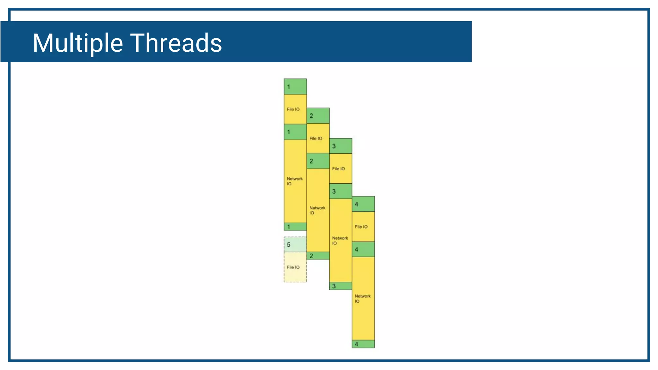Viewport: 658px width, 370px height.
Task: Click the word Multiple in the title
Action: point(78,43)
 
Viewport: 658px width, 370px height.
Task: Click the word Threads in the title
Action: point(176,43)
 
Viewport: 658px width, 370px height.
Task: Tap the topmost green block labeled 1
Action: point(295,86)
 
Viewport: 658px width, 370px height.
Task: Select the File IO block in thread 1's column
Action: point(295,109)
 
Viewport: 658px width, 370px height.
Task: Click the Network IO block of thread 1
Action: point(295,181)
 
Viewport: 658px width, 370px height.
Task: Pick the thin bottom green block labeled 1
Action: point(295,227)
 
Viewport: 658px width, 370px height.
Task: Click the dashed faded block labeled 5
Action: point(295,245)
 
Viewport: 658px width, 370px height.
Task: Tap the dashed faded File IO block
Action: point(295,267)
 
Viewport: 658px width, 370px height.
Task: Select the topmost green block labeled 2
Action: point(318,116)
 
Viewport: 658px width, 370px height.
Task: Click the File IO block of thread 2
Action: point(318,138)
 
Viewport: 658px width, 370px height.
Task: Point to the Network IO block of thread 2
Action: point(318,210)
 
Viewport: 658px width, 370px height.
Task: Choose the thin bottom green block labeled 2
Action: point(318,256)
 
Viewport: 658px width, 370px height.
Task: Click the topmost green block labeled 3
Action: point(341,146)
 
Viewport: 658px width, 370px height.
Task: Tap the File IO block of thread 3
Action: point(341,169)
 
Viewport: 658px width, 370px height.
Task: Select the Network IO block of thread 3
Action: point(341,241)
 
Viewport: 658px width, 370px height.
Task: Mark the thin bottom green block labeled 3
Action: point(341,286)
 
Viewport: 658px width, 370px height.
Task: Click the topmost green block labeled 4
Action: point(363,204)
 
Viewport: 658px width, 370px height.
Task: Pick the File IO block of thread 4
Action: point(363,227)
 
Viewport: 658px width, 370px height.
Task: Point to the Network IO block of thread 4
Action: point(363,299)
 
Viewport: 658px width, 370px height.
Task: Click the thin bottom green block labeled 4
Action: point(363,344)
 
